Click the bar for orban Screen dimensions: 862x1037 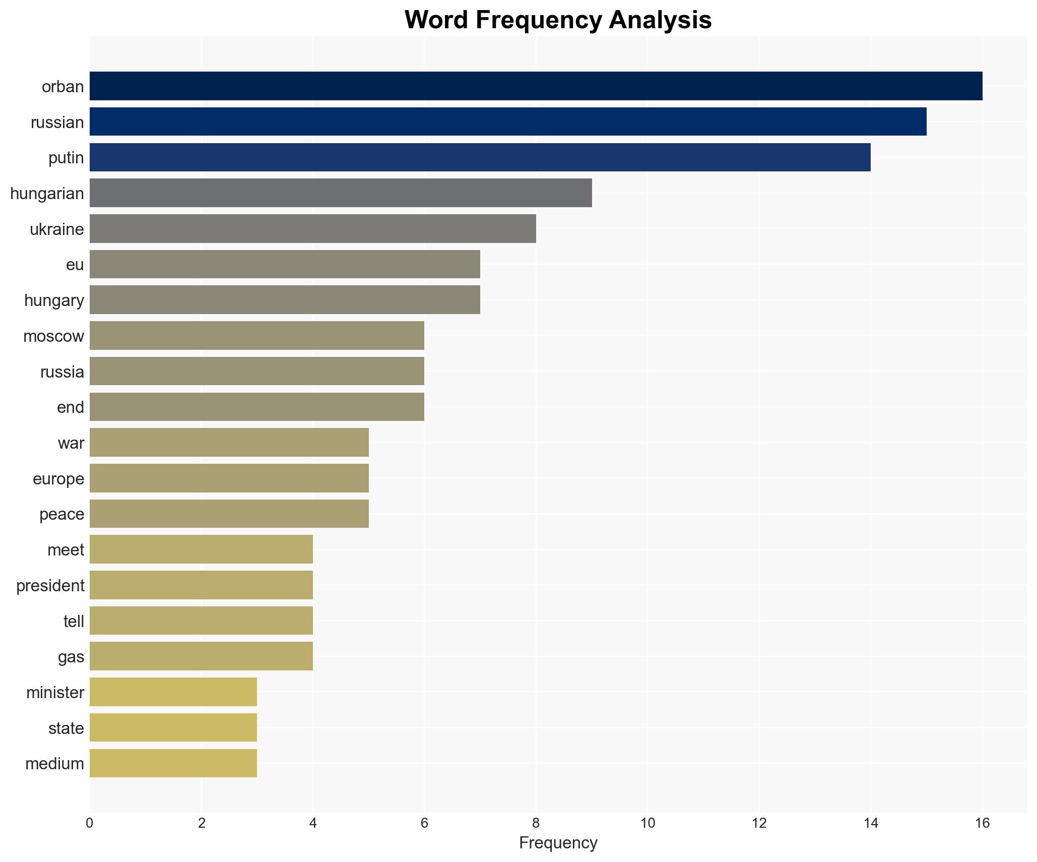coord(536,86)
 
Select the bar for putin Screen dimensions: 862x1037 coord(480,157)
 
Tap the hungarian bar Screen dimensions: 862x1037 coord(341,193)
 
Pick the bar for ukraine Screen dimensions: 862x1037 coord(312,229)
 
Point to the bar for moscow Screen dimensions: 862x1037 coord(257,336)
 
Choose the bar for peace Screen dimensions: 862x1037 coord(229,514)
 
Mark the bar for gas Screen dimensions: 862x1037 coord(201,656)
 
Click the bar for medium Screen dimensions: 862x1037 coord(173,763)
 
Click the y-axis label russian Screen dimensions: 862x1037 coord(57,122)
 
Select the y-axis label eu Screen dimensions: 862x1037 coord(75,265)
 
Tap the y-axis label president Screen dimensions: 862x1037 coord(50,586)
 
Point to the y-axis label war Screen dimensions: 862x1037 coord(71,443)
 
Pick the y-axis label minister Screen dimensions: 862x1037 coord(55,693)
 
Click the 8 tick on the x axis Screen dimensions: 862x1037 coord(536,823)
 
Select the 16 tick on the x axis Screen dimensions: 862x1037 coord(982,823)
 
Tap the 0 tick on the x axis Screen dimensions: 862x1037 coord(90,823)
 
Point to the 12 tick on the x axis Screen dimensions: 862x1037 coord(759,823)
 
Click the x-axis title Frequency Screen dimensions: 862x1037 coord(558,843)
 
